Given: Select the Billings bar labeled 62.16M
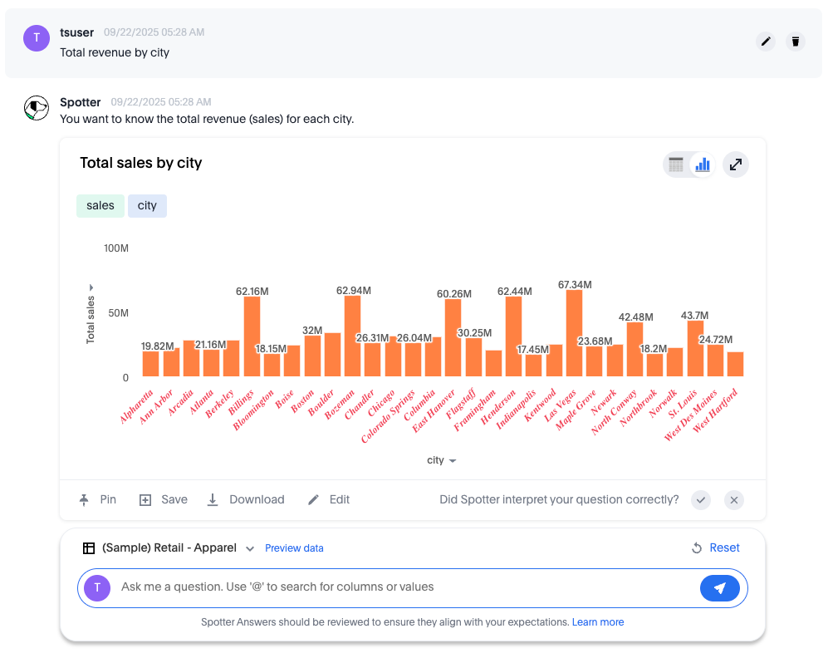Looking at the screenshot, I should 252,336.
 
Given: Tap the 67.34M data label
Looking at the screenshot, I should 575,285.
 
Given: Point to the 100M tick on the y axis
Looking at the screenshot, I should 115,248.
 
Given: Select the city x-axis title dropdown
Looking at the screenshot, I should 441,460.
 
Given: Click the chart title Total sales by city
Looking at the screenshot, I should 141,163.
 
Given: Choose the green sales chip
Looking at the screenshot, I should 100,206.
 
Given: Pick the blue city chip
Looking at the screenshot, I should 147,206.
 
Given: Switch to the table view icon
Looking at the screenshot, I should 676,164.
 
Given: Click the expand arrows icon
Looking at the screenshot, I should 735,164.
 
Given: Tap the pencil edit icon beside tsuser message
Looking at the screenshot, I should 766,42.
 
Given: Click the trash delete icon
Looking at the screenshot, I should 796,42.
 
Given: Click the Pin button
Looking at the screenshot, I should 98,499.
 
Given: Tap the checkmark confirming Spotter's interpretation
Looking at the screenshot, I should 702,499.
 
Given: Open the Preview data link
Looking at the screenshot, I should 294,548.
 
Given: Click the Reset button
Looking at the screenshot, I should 715,547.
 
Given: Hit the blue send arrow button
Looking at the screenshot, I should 719,588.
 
